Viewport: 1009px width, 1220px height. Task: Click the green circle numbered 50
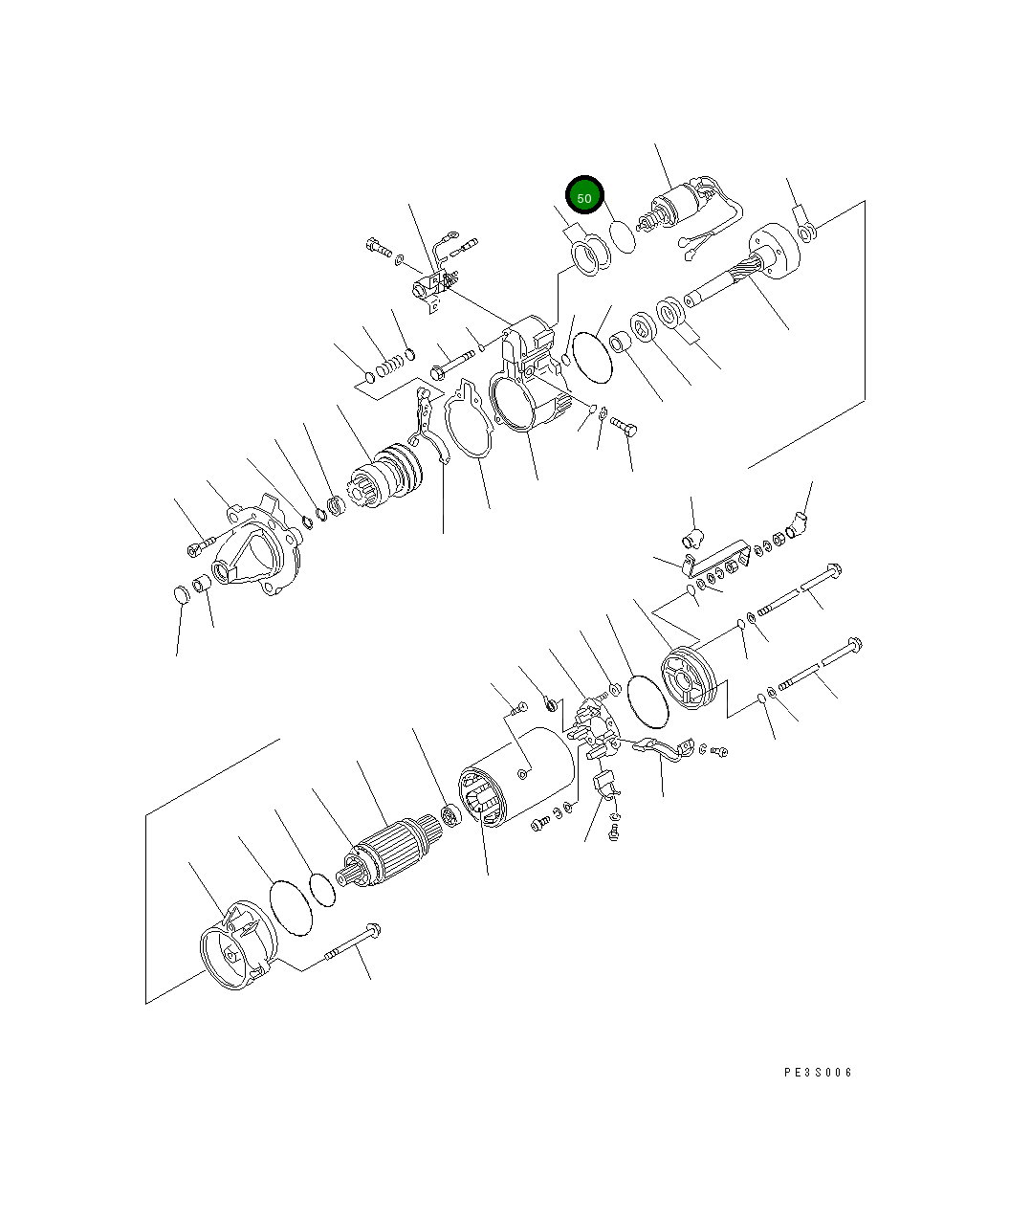pyautogui.click(x=584, y=195)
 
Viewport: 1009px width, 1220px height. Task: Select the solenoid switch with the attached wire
pyautogui.click(x=689, y=211)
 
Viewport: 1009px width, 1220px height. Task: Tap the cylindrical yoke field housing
pyautogui.click(x=515, y=776)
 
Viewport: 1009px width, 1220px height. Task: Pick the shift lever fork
pyautogui.click(x=427, y=426)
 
